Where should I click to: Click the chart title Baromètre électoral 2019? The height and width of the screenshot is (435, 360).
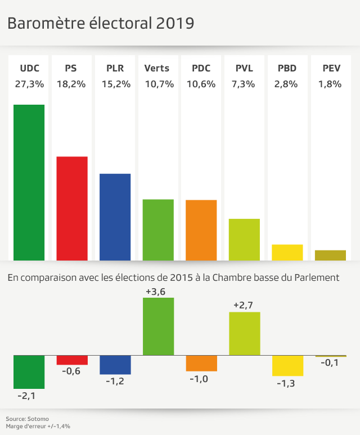point(101,23)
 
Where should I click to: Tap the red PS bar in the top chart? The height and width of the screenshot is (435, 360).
point(72,208)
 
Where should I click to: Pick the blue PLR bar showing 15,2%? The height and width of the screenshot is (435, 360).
point(115,217)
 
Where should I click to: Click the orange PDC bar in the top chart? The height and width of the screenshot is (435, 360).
point(201,230)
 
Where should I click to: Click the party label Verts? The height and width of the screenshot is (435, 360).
point(157,69)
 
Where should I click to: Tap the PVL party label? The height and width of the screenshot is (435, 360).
point(244,69)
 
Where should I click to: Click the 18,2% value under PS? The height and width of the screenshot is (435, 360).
point(71,84)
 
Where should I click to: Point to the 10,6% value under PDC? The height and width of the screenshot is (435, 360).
point(201,84)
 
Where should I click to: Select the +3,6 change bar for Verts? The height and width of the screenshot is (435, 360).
point(158,326)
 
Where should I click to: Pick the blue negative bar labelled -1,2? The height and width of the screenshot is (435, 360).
point(115,365)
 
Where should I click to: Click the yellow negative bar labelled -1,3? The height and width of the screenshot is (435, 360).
point(287,366)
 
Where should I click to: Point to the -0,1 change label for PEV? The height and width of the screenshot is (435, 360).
point(330,363)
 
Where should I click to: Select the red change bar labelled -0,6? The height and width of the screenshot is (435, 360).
point(72,360)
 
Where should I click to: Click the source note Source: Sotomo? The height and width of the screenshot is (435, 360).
point(27,419)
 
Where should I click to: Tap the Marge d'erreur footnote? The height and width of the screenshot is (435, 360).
point(38,427)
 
